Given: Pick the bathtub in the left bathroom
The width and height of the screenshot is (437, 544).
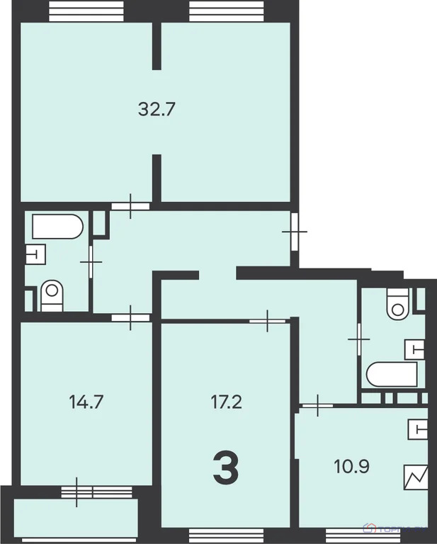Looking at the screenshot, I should [57, 227].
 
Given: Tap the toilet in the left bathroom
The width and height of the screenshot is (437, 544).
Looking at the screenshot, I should [52, 295].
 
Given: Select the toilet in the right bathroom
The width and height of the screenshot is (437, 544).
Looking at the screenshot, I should [397, 302].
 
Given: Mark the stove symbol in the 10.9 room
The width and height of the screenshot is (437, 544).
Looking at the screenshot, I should [416, 477].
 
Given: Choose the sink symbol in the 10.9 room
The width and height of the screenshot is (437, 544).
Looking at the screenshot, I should [418, 429].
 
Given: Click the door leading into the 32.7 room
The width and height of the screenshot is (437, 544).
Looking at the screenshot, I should [130, 206].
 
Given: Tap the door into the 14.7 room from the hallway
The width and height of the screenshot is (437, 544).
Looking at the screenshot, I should [131, 318].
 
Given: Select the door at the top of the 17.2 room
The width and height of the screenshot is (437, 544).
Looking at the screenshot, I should [267, 321].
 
